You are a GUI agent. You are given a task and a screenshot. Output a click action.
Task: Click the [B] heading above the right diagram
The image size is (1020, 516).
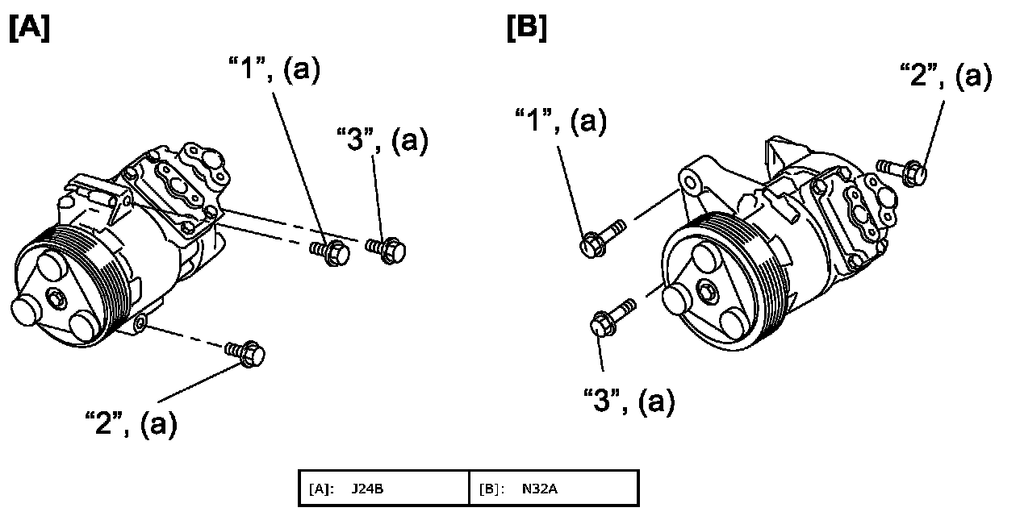pos(526,27)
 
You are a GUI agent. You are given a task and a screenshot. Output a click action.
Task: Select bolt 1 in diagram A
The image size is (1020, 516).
pos(331,251)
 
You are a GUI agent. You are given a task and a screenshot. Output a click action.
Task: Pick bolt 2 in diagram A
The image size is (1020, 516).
pos(246,352)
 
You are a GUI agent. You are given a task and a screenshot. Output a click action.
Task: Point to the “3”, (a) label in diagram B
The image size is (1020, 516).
pos(629,400)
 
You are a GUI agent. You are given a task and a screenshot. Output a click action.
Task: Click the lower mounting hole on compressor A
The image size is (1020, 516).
pos(140,324)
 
